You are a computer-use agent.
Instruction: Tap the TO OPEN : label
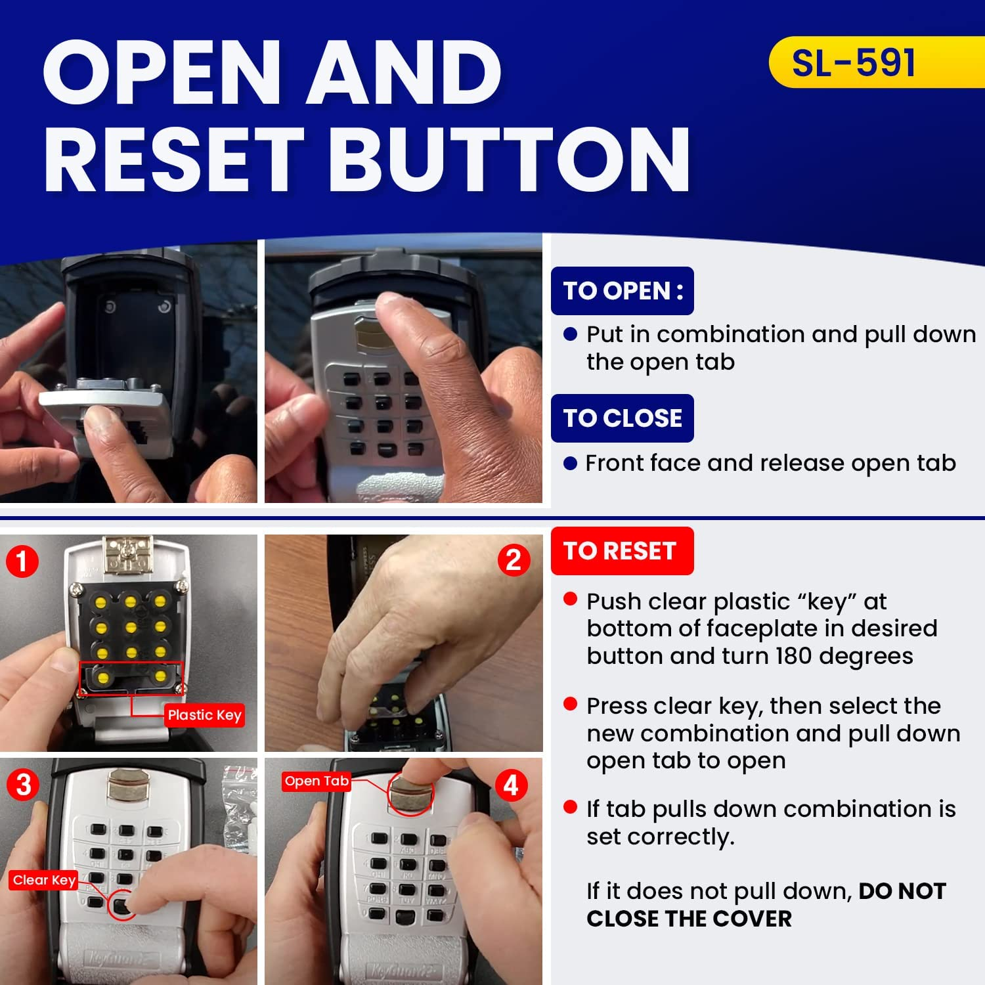[623, 291]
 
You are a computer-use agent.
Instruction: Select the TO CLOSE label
[623, 418]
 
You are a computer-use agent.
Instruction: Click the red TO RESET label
[621, 551]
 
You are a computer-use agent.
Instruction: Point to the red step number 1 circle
[22, 561]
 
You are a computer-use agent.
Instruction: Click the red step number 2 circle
[514, 560]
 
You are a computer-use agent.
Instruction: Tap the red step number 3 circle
[24, 785]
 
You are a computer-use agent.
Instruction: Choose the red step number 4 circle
[512, 785]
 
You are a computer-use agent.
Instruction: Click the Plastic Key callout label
[205, 715]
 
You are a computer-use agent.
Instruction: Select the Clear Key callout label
[44, 880]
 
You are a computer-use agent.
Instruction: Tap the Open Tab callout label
[317, 781]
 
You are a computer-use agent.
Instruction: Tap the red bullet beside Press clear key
[570, 705]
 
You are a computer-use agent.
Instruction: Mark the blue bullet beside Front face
[570, 464]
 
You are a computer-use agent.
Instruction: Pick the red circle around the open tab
[410, 793]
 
